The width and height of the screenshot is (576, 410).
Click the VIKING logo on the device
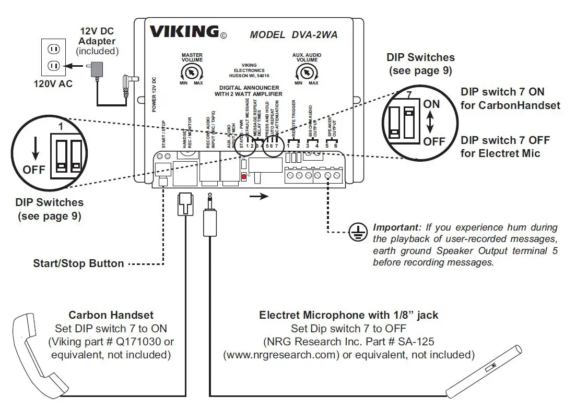click(x=184, y=32)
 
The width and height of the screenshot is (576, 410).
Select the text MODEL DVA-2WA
click(x=293, y=35)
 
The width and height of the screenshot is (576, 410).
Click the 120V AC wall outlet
click(x=54, y=57)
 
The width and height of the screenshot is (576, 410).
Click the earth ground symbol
click(x=356, y=233)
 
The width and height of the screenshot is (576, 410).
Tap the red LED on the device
click(x=243, y=178)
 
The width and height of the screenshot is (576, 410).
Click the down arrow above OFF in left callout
click(x=34, y=149)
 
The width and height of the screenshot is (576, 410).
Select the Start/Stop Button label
click(x=78, y=263)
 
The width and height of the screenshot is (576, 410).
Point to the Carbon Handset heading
click(x=111, y=315)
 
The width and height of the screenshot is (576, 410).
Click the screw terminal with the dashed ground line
click(x=327, y=176)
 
